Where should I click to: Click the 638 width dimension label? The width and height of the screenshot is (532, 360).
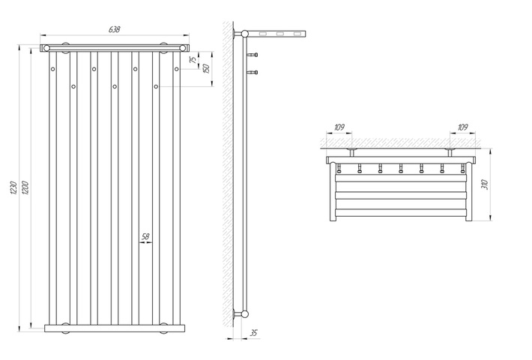[115, 29]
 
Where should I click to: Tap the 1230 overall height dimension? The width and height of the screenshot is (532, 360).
[14, 187]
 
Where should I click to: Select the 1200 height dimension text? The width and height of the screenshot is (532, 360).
[25, 187]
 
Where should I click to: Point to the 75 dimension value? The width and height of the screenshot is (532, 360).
[193, 60]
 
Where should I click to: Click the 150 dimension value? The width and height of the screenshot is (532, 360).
[205, 68]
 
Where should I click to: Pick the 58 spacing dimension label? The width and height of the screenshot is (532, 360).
[145, 236]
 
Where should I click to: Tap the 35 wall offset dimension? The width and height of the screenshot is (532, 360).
[253, 333]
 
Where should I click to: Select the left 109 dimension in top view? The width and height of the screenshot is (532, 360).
[339, 127]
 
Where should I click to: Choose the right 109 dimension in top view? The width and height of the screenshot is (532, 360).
[462, 127]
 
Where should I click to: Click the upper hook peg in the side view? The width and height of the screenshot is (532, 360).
[253, 55]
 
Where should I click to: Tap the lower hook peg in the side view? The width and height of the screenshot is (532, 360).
[253, 72]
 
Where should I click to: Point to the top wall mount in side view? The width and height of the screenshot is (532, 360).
[241, 34]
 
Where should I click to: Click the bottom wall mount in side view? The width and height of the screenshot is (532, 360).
[241, 313]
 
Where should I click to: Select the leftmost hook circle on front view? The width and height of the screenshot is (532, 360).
[53, 69]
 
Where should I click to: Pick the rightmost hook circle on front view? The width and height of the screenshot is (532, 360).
[176, 69]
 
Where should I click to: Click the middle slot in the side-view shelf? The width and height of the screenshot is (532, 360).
[280, 34]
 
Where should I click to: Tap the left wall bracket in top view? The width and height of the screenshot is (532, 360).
[352, 152]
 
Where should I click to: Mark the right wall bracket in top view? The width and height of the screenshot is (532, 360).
[450, 152]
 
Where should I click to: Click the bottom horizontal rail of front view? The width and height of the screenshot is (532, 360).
[115, 328]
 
